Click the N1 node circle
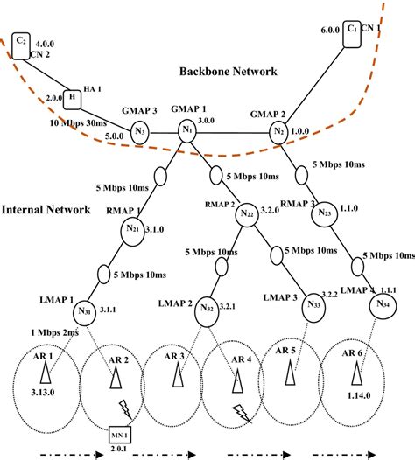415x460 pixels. click(186, 130)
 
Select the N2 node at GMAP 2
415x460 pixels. click(278, 132)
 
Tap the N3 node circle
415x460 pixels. click(140, 133)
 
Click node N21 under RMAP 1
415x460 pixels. click(132, 229)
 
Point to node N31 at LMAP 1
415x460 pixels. click(85, 310)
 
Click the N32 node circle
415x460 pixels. click(208, 309)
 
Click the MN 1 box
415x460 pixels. click(118, 432)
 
